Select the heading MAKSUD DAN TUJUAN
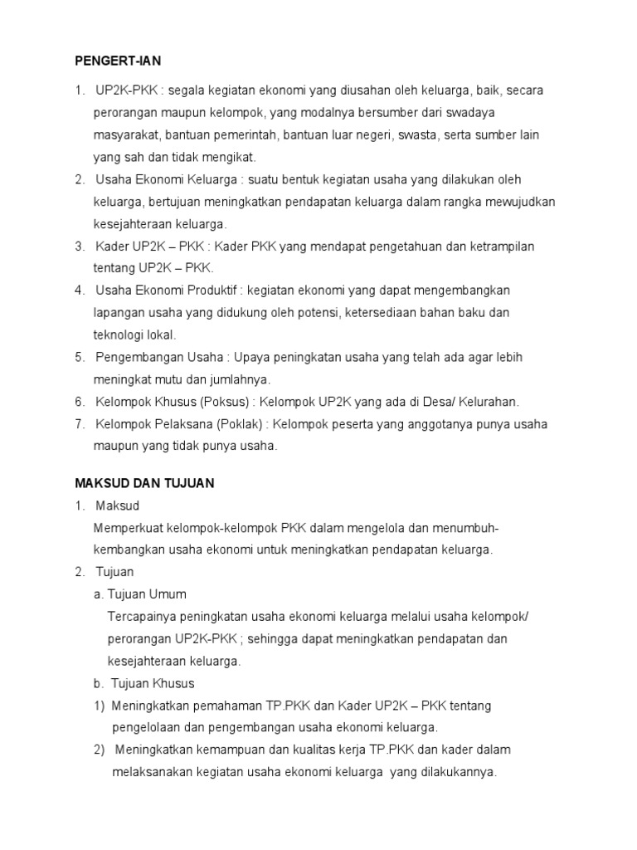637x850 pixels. tap(145, 482)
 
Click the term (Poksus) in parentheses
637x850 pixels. tap(226, 402)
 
